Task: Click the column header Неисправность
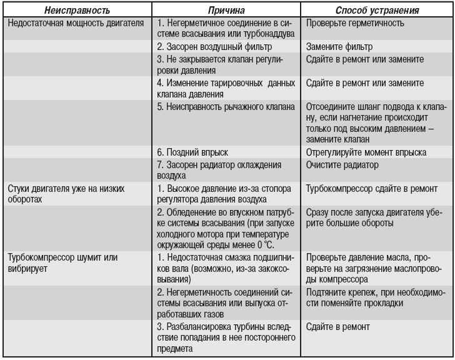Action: (x=77, y=11)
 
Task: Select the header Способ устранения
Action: (x=377, y=11)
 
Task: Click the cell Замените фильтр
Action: (x=339, y=47)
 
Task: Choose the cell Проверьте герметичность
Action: (x=355, y=24)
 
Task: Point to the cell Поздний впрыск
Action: (x=192, y=152)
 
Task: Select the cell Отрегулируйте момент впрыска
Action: (x=366, y=152)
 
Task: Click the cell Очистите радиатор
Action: (x=342, y=165)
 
